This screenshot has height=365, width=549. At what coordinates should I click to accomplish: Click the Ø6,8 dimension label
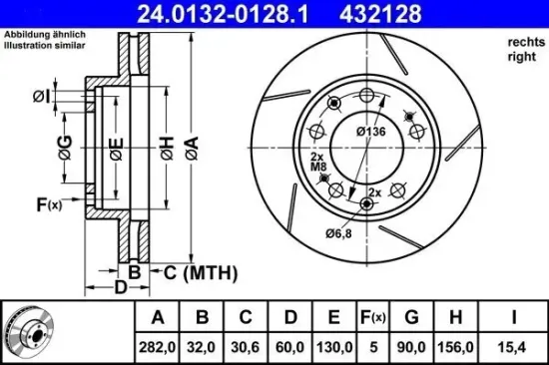(x=339, y=233)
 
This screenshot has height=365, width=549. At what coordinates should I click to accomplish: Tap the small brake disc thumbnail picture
(x=31, y=332)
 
